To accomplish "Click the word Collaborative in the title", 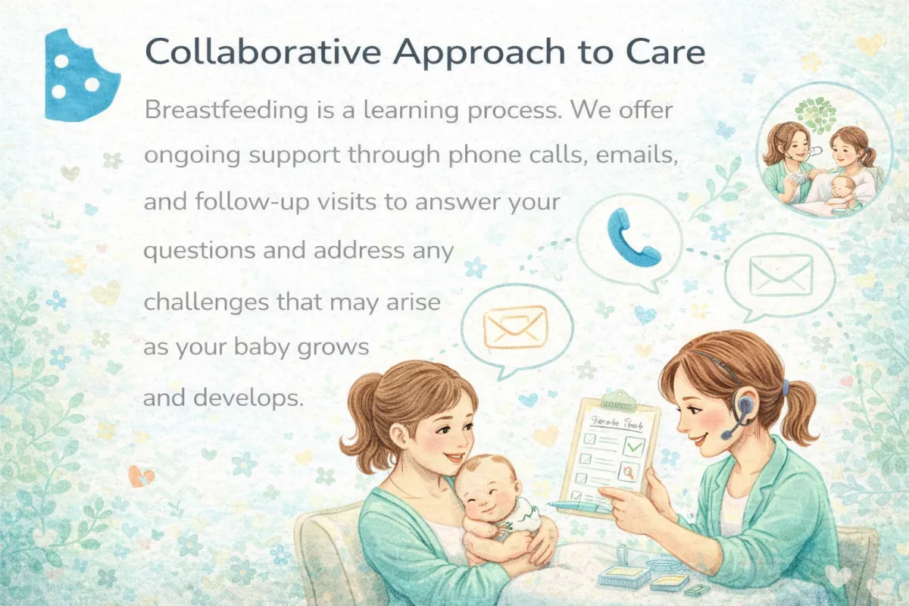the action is (263, 52).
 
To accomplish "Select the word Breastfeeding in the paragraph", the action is (226, 110).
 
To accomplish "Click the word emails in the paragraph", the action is (637, 155).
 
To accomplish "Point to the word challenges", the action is (207, 302).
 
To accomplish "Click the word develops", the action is (248, 398).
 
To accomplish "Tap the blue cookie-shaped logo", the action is (82, 75).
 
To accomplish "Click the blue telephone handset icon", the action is (633, 237).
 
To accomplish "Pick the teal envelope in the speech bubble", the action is (781, 275).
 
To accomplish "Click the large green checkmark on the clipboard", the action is (633, 446).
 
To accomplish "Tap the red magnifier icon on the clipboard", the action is (629, 473).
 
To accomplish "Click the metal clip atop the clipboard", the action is (618, 400).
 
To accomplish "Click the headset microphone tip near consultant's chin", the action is (726, 436).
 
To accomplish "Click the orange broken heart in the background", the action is (141, 476).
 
